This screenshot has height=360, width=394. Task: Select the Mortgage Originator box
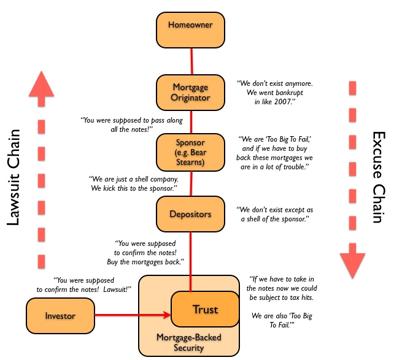pyautogui.click(x=191, y=93)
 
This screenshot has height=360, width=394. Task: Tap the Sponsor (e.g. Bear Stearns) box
pyautogui.click(x=191, y=152)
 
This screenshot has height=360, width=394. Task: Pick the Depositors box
pyautogui.click(x=191, y=215)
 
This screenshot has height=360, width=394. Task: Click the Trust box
pyautogui.click(x=205, y=310)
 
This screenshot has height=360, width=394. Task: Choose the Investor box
pyautogui.click(x=60, y=316)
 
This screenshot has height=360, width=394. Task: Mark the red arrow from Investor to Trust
pyautogui.click(x=132, y=316)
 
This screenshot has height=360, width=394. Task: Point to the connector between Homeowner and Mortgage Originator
pyautogui.click(x=191, y=62)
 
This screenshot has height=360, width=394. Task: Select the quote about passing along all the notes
pyautogui.click(x=123, y=126)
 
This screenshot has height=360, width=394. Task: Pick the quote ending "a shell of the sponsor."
pyautogui.click(x=274, y=214)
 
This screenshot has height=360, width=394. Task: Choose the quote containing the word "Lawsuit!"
pyautogui.click(x=85, y=284)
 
